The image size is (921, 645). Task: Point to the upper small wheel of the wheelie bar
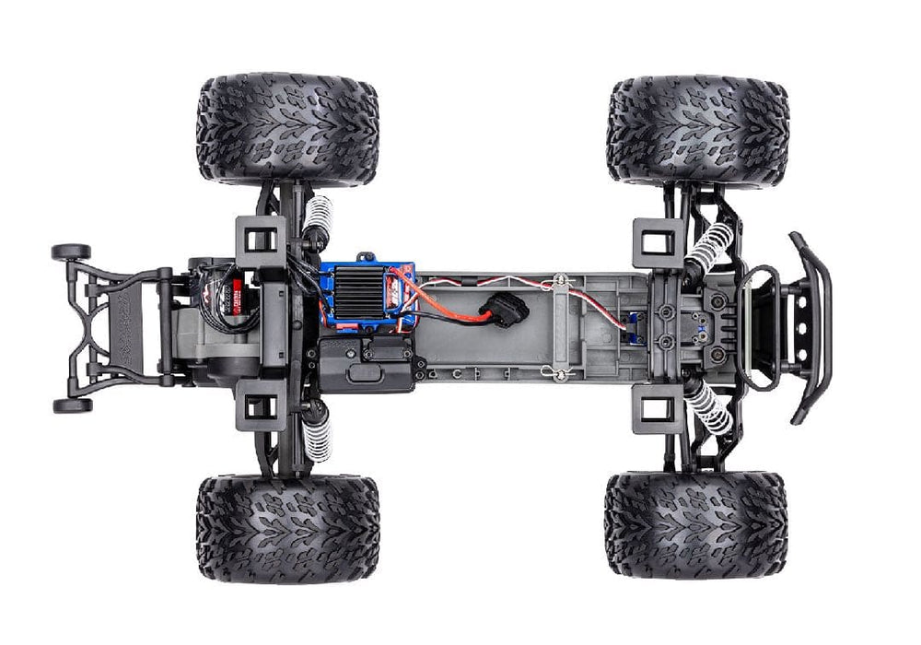coord(71,252)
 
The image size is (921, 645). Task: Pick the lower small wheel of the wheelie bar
coord(71,405)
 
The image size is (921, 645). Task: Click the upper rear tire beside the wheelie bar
coord(287,129)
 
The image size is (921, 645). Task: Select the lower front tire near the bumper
coord(695,525)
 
